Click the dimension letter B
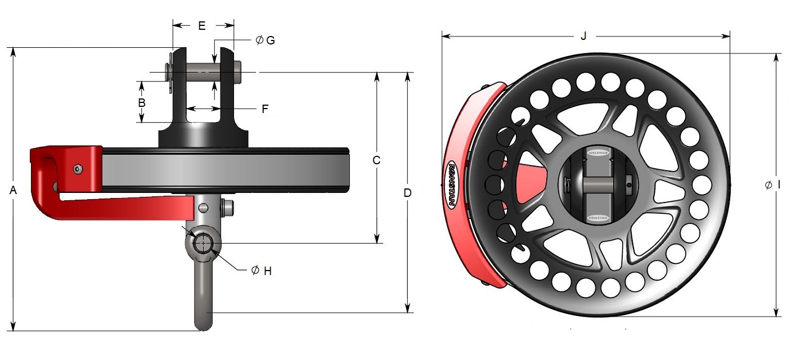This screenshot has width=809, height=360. pyautogui.click(x=142, y=103)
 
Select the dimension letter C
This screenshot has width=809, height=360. pyautogui.click(x=377, y=160)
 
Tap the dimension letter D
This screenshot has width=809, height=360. pyautogui.click(x=408, y=193)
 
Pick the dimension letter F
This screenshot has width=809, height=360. pyautogui.click(x=265, y=109)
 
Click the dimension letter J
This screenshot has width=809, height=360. pyautogui.click(x=583, y=37)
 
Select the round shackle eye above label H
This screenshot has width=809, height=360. pyautogui.click(x=203, y=244)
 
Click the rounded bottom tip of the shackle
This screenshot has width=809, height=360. pyautogui.click(x=203, y=325)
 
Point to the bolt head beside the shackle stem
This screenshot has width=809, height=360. pyautogui.click(x=228, y=207)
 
